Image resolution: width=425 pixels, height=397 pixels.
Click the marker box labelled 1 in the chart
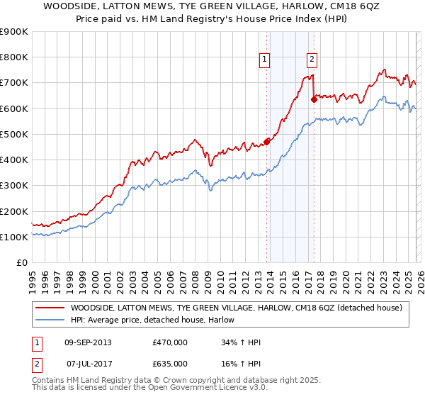264,60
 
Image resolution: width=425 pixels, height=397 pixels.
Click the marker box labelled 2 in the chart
312,60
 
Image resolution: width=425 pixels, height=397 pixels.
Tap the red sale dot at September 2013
267,141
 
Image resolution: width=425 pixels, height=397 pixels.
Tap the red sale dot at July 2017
314,99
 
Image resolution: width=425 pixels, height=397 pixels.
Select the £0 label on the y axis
21,262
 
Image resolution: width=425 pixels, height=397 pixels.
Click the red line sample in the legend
50,308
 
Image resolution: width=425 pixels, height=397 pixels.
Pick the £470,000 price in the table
169,342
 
